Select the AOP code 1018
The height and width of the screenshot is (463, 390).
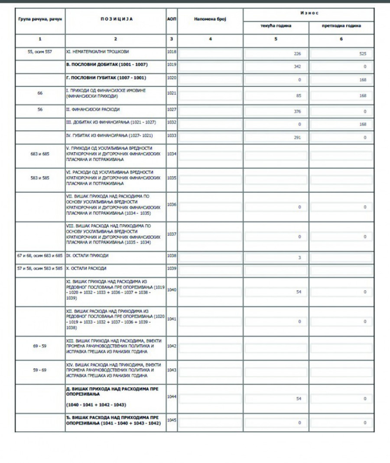(172, 51)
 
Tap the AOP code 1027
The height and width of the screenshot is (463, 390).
(172, 109)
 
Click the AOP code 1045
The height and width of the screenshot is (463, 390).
(172, 420)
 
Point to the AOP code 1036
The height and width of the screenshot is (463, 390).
(172, 204)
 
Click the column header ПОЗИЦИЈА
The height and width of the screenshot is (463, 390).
(115, 19)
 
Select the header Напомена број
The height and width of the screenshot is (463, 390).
(210, 19)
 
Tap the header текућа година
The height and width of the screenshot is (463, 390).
(276, 26)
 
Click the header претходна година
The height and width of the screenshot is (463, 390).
(341, 26)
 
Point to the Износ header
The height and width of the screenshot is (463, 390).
(309, 13)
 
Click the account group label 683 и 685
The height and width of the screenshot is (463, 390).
(40, 154)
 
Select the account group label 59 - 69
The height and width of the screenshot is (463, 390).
(40, 370)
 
